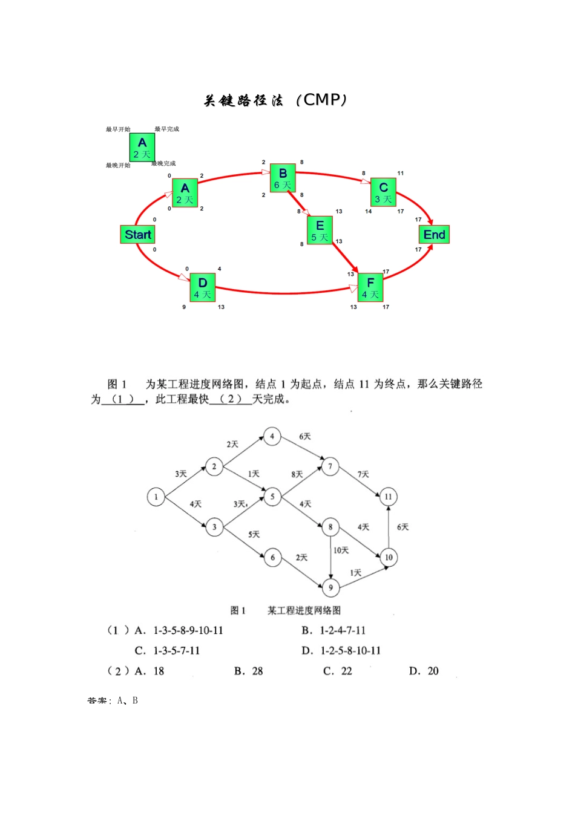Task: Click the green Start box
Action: pos(138,235)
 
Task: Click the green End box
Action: pos(434,235)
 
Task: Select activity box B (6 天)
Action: pos(283,178)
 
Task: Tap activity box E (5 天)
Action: pos(320,230)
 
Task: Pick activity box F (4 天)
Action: pos(370,288)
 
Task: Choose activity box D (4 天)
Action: pos(203,288)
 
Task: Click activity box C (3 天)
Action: pos(383,192)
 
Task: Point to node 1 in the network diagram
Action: pos(156,497)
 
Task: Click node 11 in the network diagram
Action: pos(388,497)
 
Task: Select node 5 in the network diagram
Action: pos(272,497)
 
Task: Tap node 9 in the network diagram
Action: pos(330,587)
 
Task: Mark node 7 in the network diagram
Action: pos(330,466)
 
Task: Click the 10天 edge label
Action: pos(341,550)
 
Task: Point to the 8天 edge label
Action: pos(297,474)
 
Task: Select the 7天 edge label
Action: pos(363,474)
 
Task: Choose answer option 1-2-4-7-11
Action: pos(343,630)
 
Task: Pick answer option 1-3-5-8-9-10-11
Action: pos(188,630)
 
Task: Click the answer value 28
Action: pos(257,671)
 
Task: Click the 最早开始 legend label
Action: pos(118,129)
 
